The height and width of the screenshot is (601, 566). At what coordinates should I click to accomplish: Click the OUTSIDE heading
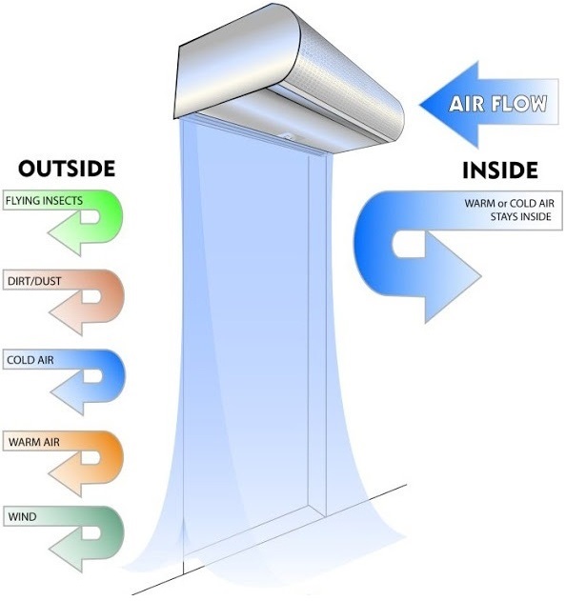point(67,169)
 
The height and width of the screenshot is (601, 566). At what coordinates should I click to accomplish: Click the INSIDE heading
point(500,170)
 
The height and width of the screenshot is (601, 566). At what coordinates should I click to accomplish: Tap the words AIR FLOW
point(498,104)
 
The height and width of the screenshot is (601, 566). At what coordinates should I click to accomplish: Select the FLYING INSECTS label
point(44,200)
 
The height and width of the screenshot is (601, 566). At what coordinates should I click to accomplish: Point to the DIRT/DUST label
point(34,281)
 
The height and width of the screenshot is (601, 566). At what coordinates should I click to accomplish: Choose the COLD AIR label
point(30,360)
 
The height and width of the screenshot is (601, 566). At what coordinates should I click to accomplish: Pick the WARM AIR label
point(34,442)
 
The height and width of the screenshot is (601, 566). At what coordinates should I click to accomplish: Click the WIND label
point(22,517)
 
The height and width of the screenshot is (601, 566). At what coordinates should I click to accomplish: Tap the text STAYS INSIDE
point(521,216)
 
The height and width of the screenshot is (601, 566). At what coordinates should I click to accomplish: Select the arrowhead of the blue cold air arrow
point(66,392)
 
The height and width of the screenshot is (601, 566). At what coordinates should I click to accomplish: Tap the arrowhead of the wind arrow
point(65,550)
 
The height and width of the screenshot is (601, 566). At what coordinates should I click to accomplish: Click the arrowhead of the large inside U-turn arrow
point(453,277)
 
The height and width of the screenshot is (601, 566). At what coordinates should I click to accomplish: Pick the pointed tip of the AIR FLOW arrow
point(420,104)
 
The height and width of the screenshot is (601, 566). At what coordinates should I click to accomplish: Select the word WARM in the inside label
point(479,203)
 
